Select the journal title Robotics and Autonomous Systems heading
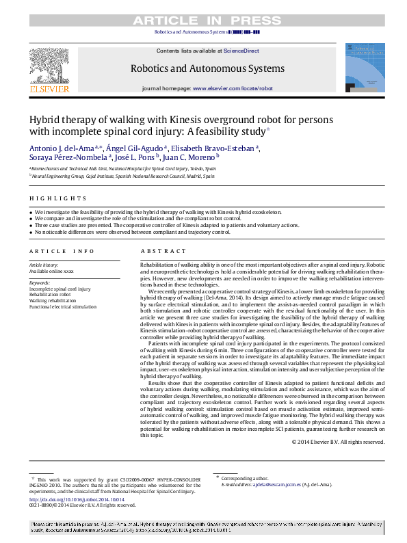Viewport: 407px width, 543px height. coord(207,68)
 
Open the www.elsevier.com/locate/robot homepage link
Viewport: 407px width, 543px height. coord(233,89)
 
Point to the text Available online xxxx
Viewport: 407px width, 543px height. coord(51,271)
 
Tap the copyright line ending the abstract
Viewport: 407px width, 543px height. coord(338,442)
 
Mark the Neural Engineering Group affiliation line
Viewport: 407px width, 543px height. coord(123,176)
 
